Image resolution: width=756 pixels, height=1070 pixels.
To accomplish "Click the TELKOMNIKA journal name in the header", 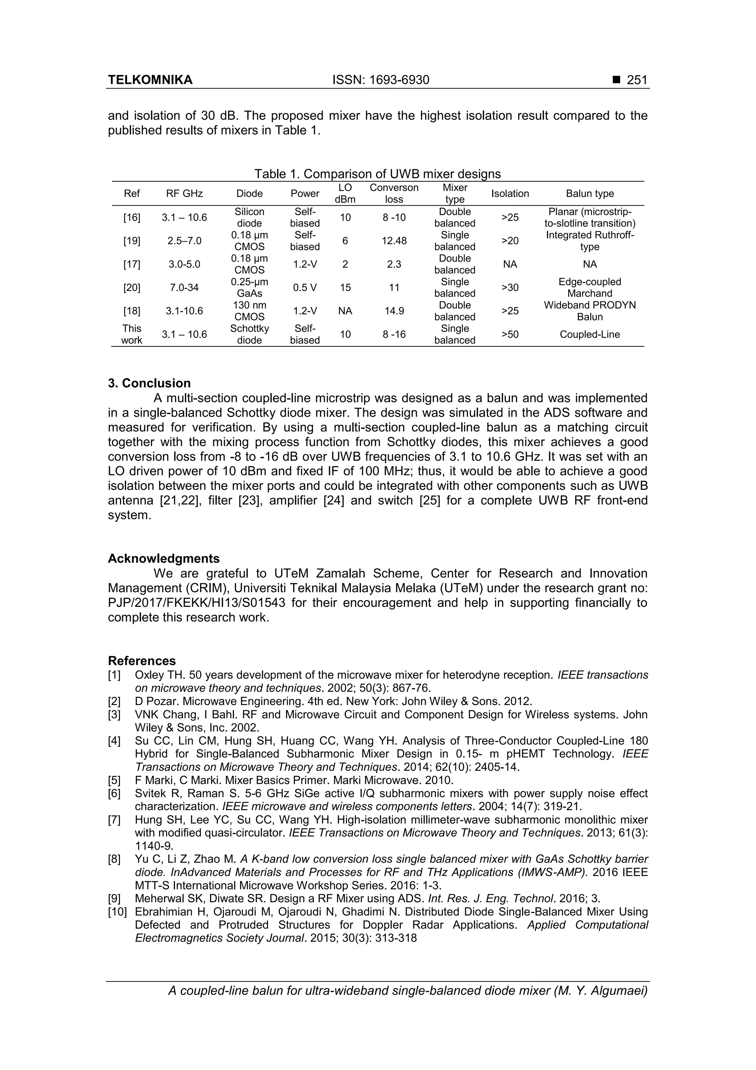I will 150,80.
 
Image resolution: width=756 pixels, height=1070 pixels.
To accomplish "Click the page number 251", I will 637,80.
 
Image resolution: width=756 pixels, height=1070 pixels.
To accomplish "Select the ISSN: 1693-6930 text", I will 381,80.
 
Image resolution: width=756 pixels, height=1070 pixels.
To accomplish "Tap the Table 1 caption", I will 377,174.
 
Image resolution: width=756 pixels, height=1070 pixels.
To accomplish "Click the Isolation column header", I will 510,194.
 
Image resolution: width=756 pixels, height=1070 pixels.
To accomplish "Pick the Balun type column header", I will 590,194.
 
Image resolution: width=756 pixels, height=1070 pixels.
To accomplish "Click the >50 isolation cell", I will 510,334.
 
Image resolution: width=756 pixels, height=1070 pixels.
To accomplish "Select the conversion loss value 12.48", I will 394,240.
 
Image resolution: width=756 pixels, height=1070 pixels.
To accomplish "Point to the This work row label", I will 132,334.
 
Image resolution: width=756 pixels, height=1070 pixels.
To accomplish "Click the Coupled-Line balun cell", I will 590,334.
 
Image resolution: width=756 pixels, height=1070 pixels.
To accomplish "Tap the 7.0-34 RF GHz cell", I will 185,288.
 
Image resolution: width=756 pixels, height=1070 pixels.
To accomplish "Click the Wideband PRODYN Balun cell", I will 590,311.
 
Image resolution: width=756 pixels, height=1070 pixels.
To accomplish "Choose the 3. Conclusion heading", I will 150,383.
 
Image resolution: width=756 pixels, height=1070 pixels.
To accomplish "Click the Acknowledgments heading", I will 164,558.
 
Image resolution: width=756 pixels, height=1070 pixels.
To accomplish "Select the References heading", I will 142,661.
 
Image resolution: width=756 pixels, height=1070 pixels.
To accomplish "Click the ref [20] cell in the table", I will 132,288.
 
